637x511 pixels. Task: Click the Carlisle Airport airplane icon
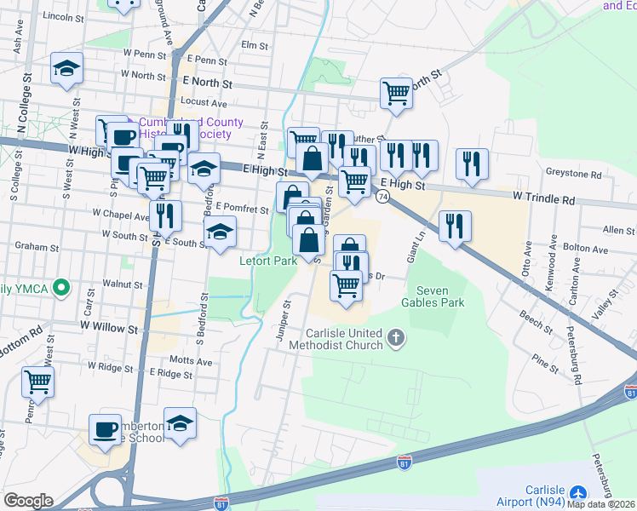[579, 494]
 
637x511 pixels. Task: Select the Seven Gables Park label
[433, 295]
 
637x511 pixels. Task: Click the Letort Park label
[267, 261]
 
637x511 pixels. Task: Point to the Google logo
[28, 501]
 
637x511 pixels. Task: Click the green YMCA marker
[60, 288]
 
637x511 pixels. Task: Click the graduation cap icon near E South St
[220, 233]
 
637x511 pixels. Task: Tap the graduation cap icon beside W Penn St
[66, 69]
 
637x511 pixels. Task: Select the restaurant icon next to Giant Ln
[456, 226]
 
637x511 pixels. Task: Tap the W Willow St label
[109, 327]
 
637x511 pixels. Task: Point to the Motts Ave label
[192, 361]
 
